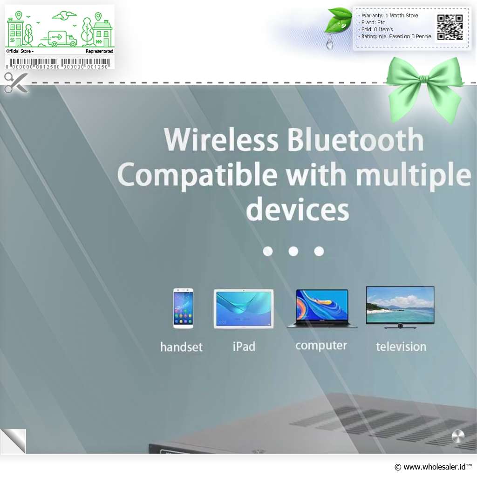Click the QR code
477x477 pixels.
450,27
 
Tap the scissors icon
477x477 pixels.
16,82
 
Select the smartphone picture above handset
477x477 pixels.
183,308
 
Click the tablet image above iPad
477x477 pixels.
244,308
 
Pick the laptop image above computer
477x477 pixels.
322,308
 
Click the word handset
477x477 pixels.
181,347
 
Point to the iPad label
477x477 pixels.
244,347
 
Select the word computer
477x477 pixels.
321,346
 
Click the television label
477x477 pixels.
401,347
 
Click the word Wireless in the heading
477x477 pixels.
221,140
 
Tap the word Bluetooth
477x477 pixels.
355,140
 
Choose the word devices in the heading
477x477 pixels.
298,209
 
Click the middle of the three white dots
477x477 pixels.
293,251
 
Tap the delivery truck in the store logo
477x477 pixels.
59,39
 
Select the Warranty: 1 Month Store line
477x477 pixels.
389,15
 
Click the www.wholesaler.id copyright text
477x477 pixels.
433,467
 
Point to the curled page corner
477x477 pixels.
13,441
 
